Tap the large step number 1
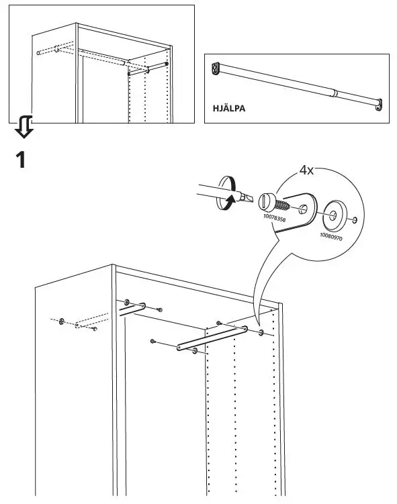pyautogui.click(x=21, y=160)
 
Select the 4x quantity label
pyautogui.click(x=306, y=170)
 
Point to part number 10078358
pyautogui.click(x=272, y=218)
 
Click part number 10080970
pyautogui.click(x=330, y=236)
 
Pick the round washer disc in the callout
pyautogui.click(x=333, y=215)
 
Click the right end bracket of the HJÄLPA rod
pyautogui.click(x=380, y=104)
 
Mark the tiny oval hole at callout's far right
pyautogui.click(x=354, y=220)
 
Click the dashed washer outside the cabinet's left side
pyautogui.click(x=62, y=321)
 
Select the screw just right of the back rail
pyautogui.click(x=159, y=309)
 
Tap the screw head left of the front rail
pyautogui.click(x=154, y=342)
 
